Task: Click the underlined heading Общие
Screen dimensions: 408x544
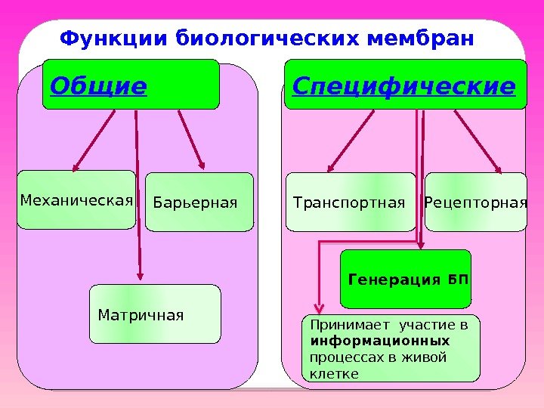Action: (97, 87)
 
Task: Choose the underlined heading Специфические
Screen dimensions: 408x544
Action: (403, 87)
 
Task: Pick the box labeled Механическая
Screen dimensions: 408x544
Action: (76, 200)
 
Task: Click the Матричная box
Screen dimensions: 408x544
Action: (155, 314)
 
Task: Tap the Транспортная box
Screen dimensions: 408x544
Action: (350, 202)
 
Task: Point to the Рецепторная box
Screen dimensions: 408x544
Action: (475, 202)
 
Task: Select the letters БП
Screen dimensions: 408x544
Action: (458, 280)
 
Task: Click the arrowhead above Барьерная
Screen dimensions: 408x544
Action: (202, 164)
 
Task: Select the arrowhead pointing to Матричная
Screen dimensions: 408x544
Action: (140, 277)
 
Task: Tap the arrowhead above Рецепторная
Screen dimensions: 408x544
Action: (496, 167)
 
